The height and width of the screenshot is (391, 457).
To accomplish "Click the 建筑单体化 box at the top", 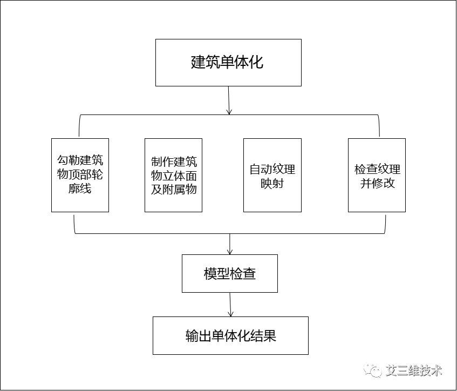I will click(228, 63).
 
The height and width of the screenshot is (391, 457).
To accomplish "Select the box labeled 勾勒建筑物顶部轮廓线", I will click(80, 175).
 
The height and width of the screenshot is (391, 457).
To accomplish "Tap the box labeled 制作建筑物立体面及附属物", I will click(173, 175).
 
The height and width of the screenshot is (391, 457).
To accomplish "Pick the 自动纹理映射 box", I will click(272, 175).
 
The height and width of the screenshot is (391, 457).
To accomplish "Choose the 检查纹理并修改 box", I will click(377, 175).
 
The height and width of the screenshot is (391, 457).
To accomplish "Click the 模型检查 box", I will click(230, 273).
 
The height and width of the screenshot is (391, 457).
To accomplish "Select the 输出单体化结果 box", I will click(230, 335).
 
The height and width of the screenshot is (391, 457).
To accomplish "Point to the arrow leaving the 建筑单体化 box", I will click(229, 100).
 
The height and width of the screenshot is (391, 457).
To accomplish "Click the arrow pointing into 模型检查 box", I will click(230, 244).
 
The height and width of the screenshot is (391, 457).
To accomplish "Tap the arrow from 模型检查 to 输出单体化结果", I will click(230, 305).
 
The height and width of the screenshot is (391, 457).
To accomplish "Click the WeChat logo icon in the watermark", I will click(373, 370).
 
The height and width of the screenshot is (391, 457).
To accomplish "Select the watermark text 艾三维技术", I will click(414, 370).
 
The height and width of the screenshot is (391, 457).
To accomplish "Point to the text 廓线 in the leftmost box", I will click(80, 188).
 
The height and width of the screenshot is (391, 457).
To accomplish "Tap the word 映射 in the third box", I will click(272, 183).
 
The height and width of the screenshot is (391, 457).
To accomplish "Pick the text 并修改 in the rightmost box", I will click(377, 183).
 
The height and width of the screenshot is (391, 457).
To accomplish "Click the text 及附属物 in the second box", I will click(174, 189).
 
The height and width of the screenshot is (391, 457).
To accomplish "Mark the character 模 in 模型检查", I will click(210, 274).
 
